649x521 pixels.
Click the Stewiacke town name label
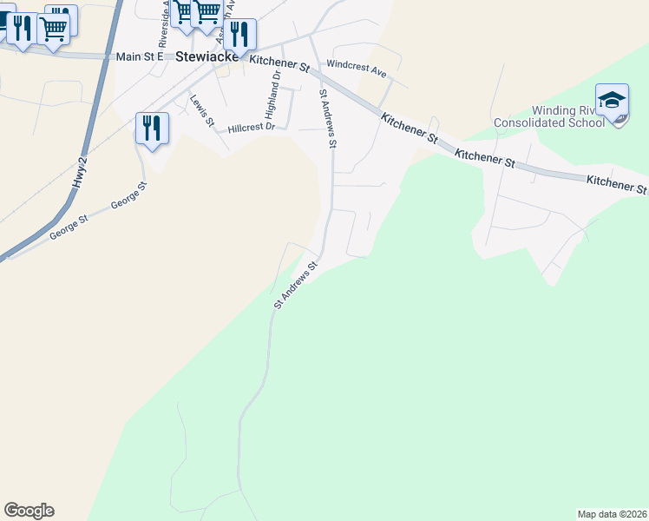tap(207, 57)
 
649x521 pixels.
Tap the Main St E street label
tap(134, 57)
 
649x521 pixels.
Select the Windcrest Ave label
tap(356, 66)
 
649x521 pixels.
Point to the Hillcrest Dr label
tap(251, 128)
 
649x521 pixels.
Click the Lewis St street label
tap(202, 110)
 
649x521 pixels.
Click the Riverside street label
tap(162, 26)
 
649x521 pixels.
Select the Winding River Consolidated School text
tap(548, 116)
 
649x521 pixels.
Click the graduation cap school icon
tap(612, 100)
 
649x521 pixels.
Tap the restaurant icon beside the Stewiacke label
tap(239, 35)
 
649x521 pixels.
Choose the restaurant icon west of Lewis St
tap(152, 128)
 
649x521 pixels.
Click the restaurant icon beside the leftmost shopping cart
tap(23, 29)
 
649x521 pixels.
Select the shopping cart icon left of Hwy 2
tap(54, 29)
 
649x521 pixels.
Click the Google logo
tap(29, 511)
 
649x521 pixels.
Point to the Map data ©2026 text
tap(612, 513)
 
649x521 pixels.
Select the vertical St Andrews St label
tap(327, 118)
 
